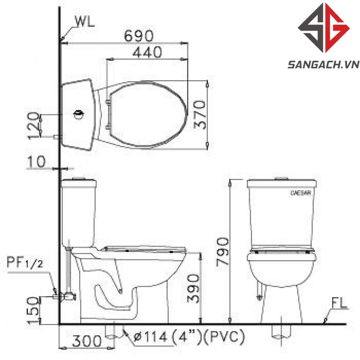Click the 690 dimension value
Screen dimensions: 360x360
(x=139, y=36)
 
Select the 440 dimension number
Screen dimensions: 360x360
(x=147, y=52)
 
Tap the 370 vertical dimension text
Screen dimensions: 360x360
(x=199, y=114)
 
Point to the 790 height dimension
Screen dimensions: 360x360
(x=222, y=252)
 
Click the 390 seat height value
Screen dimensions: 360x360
(x=193, y=288)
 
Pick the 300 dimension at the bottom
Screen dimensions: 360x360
(x=87, y=341)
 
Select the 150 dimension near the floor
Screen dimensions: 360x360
(x=33, y=310)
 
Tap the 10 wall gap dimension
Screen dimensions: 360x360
(x=36, y=162)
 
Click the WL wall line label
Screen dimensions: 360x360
(x=85, y=22)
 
